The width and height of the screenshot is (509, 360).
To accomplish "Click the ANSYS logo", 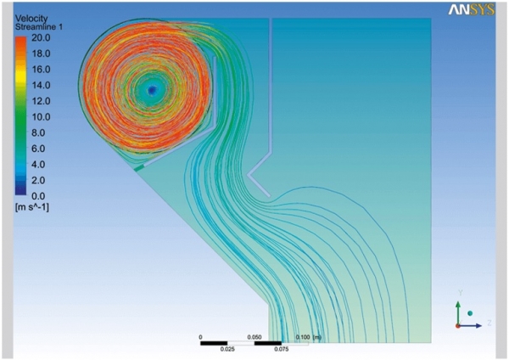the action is (472, 9).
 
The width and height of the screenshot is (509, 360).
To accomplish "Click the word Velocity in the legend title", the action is (31, 19).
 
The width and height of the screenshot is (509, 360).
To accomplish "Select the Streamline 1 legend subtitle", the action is (39, 27).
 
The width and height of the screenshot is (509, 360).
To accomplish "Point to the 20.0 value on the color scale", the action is (41, 37).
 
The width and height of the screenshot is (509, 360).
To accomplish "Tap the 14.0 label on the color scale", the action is (41, 85).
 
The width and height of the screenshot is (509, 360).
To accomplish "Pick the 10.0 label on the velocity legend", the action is (41, 117).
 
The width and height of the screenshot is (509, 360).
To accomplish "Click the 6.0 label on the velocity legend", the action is (38, 149).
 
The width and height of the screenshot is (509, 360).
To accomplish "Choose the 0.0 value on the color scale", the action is (38, 196).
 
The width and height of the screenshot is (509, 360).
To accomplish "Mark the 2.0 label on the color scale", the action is (38, 180).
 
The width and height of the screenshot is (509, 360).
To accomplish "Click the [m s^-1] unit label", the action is (32, 207).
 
